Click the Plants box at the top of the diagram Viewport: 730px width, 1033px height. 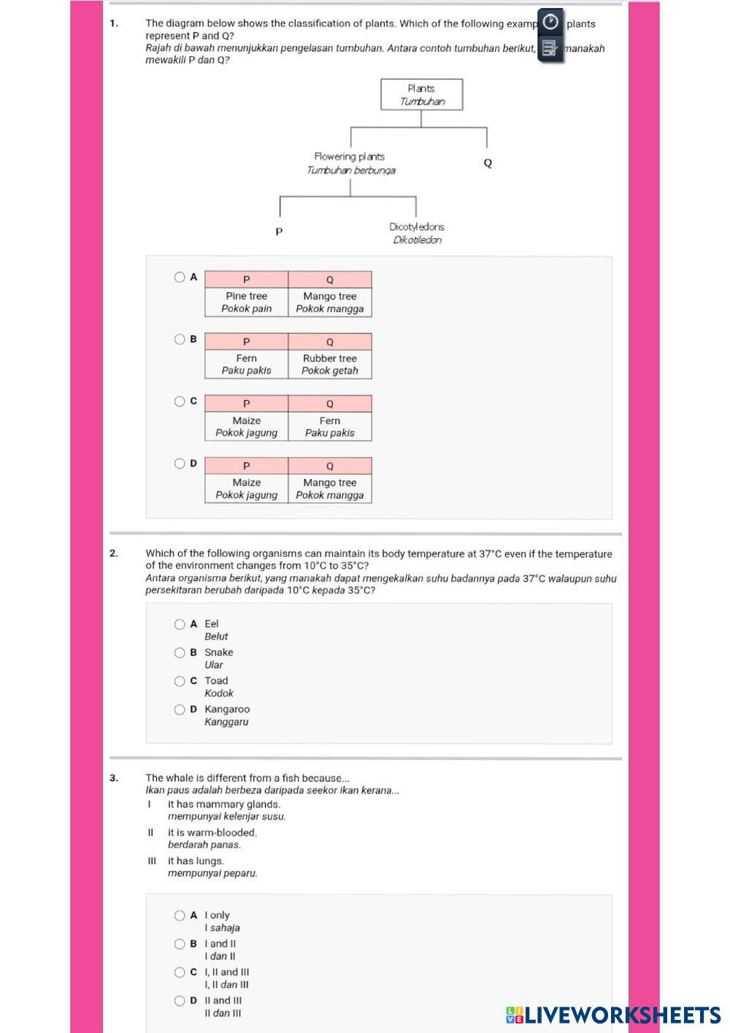tap(421, 95)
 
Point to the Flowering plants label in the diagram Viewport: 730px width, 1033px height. tap(350, 157)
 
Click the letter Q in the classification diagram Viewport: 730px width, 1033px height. tap(488, 163)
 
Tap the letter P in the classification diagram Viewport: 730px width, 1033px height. tap(279, 232)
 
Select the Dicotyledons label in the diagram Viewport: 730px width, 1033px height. tap(417, 228)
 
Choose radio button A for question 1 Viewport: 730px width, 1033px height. tap(180, 277)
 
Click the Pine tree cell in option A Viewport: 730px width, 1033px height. tap(247, 302)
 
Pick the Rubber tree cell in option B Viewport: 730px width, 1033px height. tap(330, 364)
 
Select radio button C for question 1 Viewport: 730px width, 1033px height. tap(180, 402)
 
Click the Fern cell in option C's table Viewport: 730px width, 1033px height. tap(330, 426)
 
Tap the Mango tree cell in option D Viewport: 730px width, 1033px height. tap(330, 488)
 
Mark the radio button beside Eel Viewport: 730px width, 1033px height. tap(180, 624)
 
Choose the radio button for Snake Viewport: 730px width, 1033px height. tap(180, 653)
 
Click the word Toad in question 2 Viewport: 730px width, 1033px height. tap(216, 681)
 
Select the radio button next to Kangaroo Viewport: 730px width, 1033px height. tap(180, 710)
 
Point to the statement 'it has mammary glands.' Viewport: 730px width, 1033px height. tap(224, 804)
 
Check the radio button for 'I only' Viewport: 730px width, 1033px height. tap(180, 915)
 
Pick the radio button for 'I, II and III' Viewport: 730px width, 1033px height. tap(180, 972)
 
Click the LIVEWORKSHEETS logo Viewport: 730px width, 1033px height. tap(613, 1015)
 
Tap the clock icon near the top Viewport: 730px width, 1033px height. tap(551, 22)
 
